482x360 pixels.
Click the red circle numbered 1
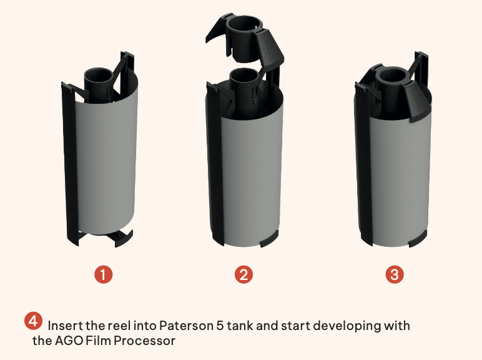click(x=103, y=274)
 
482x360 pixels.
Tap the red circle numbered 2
click(x=243, y=274)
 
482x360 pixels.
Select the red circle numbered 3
click(x=395, y=274)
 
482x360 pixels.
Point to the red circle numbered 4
click(x=33, y=321)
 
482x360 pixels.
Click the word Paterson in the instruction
click(x=186, y=326)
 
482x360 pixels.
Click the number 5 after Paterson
click(x=220, y=326)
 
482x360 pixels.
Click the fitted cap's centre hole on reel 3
click(x=392, y=76)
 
